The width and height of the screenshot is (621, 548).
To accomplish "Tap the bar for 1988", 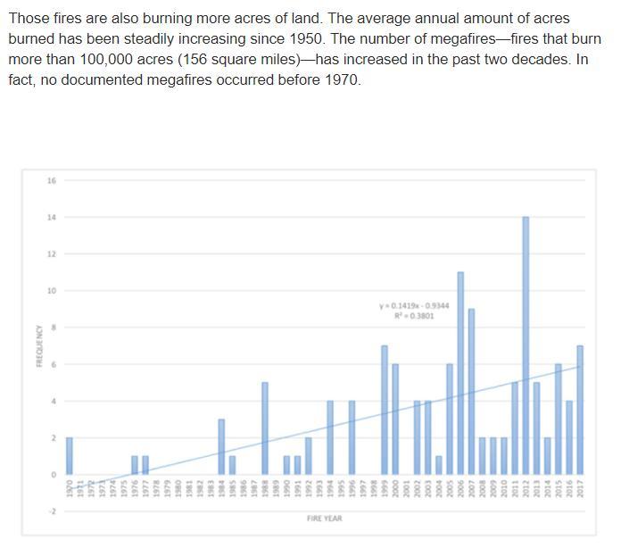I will click(x=265, y=428).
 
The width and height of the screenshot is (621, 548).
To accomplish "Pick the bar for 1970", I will click(x=70, y=456).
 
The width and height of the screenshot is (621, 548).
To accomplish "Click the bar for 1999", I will click(x=385, y=410).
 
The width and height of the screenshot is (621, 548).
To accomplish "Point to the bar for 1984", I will click(x=221, y=446).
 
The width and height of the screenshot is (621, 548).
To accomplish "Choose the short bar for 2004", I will click(x=439, y=465).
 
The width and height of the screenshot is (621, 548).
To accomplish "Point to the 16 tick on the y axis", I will click(x=51, y=180).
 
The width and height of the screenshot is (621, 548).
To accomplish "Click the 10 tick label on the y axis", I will click(x=51, y=291).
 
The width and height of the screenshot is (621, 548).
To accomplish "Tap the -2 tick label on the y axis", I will click(x=51, y=511).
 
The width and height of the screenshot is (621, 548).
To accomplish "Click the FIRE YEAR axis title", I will click(x=324, y=519).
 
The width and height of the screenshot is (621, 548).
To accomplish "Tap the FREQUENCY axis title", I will click(x=38, y=345).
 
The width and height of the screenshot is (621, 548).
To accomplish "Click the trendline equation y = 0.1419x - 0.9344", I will click(x=414, y=305).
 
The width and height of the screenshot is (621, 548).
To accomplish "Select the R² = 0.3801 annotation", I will click(x=414, y=315).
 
